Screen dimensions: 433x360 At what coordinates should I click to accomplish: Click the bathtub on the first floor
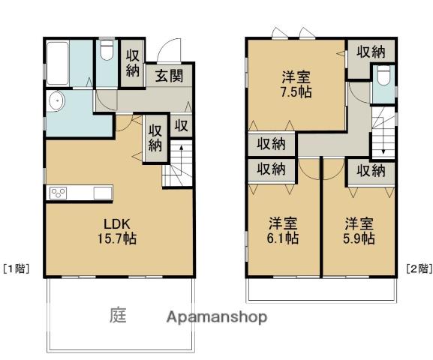tap(58, 63)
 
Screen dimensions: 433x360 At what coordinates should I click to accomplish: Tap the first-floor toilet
tap(107, 50)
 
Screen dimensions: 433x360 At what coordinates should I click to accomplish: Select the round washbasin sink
tap(56, 101)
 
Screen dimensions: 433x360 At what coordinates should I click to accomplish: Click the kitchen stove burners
tap(59, 193)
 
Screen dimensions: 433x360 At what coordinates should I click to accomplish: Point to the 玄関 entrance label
tap(170, 75)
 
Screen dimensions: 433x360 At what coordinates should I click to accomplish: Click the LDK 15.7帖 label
tap(117, 231)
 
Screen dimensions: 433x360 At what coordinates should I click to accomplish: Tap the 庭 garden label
tap(118, 315)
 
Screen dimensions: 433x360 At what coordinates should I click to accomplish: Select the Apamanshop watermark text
tap(217, 317)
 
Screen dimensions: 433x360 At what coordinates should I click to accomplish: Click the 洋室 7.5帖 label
tap(296, 85)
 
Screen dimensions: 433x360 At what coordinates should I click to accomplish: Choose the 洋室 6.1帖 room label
tap(283, 231)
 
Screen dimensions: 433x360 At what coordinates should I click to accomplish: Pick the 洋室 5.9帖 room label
tap(359, 231)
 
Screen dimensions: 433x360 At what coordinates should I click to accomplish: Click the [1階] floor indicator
tap(16, 268)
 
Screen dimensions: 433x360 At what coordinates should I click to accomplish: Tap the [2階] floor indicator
tap(419, 268)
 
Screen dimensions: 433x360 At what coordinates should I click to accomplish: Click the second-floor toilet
tap(383, 75)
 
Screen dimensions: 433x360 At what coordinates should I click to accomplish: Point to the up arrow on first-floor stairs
tap(181, 160)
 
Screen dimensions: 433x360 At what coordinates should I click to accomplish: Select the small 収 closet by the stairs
tap(181, 126)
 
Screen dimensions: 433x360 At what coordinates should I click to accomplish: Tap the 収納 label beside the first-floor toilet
tap(133, 63)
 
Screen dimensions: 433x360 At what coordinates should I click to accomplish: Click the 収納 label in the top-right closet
tap(371, 52)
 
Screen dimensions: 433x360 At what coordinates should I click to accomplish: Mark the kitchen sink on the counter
tap(103, 193)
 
